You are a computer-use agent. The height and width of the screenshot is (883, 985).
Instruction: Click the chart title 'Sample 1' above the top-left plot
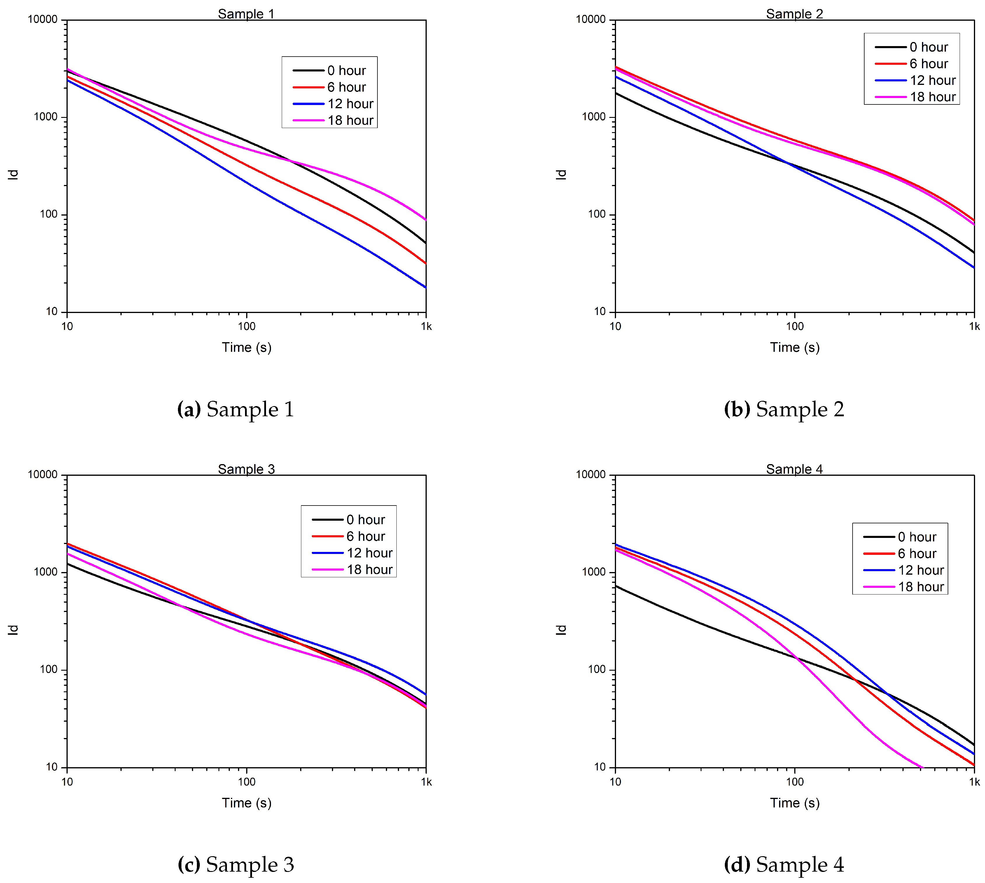(246, 14)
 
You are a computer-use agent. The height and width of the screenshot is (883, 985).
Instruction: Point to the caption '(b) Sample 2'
(784, 409)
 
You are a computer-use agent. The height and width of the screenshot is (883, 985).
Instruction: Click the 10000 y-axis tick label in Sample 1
(43, 20)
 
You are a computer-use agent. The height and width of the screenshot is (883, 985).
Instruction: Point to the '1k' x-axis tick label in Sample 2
(974, 326)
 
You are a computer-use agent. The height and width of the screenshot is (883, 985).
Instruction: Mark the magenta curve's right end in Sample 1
(426, 220)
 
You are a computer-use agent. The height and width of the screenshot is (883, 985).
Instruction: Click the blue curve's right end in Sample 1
(426, 287)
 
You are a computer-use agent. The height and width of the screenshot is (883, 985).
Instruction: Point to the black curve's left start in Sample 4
(616, 586)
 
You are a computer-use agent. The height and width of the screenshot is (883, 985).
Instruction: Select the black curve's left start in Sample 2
(616, 93)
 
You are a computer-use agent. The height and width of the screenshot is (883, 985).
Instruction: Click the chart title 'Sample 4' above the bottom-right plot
(794, 469)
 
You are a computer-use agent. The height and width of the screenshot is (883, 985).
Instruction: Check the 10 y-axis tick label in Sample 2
(600, 312)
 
